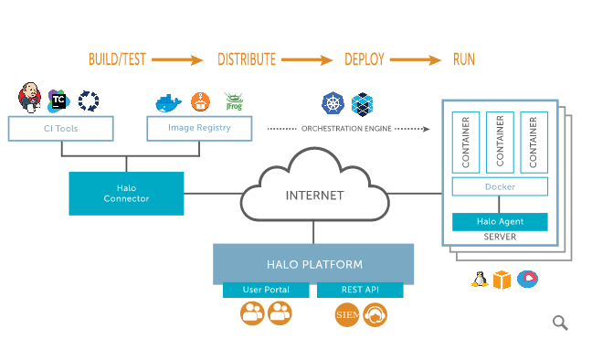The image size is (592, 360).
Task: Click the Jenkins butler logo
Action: (x=29, y=98)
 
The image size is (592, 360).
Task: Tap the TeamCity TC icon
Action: (x=58, y=101)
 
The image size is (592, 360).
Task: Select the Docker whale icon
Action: (x=168, y=103)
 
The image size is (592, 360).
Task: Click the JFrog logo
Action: (x=234, y=101)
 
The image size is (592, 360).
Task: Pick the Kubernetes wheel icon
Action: (x=333, y=103)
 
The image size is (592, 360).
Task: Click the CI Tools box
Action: (x=61, y=129)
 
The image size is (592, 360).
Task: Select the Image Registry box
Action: (x=199, y=129)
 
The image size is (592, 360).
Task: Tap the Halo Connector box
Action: (x=126, y=194)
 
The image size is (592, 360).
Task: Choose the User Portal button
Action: (x=266, y=290)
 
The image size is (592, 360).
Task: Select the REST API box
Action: (x=360, y=290)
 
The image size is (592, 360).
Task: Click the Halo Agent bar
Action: (x=500, y=222)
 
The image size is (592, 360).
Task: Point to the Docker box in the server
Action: (x=500, y=186)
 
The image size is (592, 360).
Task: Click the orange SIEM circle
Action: (x=347, y=314)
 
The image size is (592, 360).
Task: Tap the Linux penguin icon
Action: (x=480, y=280)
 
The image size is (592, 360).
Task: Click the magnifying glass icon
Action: (x=560, y=323)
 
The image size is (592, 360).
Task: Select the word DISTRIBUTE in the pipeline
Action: (x=247, y=59)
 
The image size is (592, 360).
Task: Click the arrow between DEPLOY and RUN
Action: (x=416, y=59)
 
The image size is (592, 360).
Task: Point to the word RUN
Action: (x=464, y=59)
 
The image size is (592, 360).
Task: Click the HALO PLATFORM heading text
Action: (x=314, y=264)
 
